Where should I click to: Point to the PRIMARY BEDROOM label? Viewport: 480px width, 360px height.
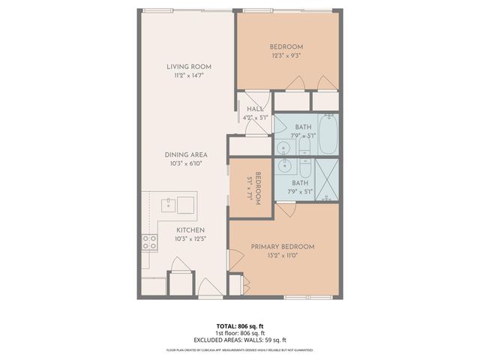point(283,247)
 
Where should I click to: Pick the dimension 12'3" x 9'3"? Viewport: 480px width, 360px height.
point(286,55)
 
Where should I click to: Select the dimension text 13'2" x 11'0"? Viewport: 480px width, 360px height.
point(283,256)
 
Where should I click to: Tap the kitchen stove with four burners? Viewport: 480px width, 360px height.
point(148,241)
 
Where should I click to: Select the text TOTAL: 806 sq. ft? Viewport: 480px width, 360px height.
point(239,326)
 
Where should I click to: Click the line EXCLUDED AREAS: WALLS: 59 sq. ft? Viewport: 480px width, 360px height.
point(239,340)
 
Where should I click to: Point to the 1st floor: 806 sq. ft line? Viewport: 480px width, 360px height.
point(239,334)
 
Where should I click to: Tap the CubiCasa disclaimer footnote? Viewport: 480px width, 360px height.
point(239,350)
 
